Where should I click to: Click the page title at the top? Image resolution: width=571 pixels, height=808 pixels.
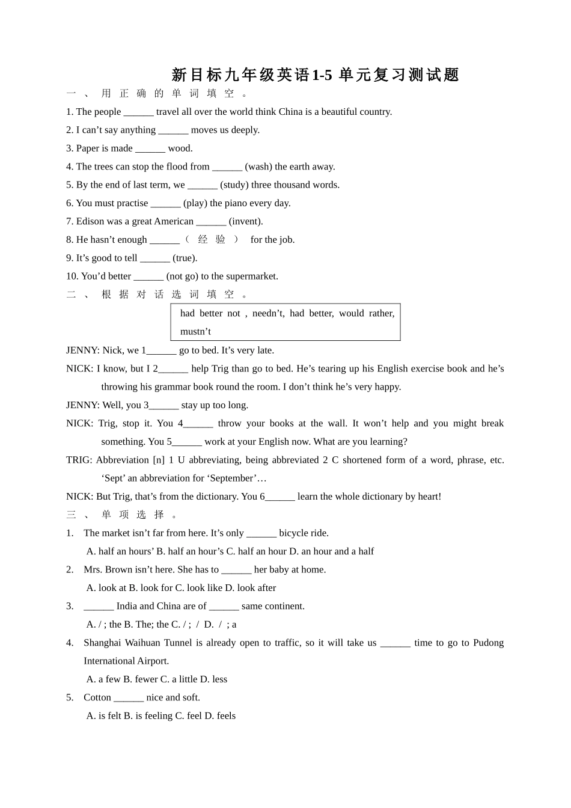315,75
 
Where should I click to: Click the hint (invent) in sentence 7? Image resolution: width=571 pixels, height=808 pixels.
246,221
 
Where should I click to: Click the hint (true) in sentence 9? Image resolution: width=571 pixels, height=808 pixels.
185,258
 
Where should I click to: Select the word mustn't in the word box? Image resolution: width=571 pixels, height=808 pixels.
195,331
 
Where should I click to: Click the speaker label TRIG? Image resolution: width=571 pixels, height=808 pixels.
79,460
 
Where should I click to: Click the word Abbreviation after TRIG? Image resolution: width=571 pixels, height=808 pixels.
122,460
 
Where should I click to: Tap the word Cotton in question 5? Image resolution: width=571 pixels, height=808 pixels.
97,697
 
